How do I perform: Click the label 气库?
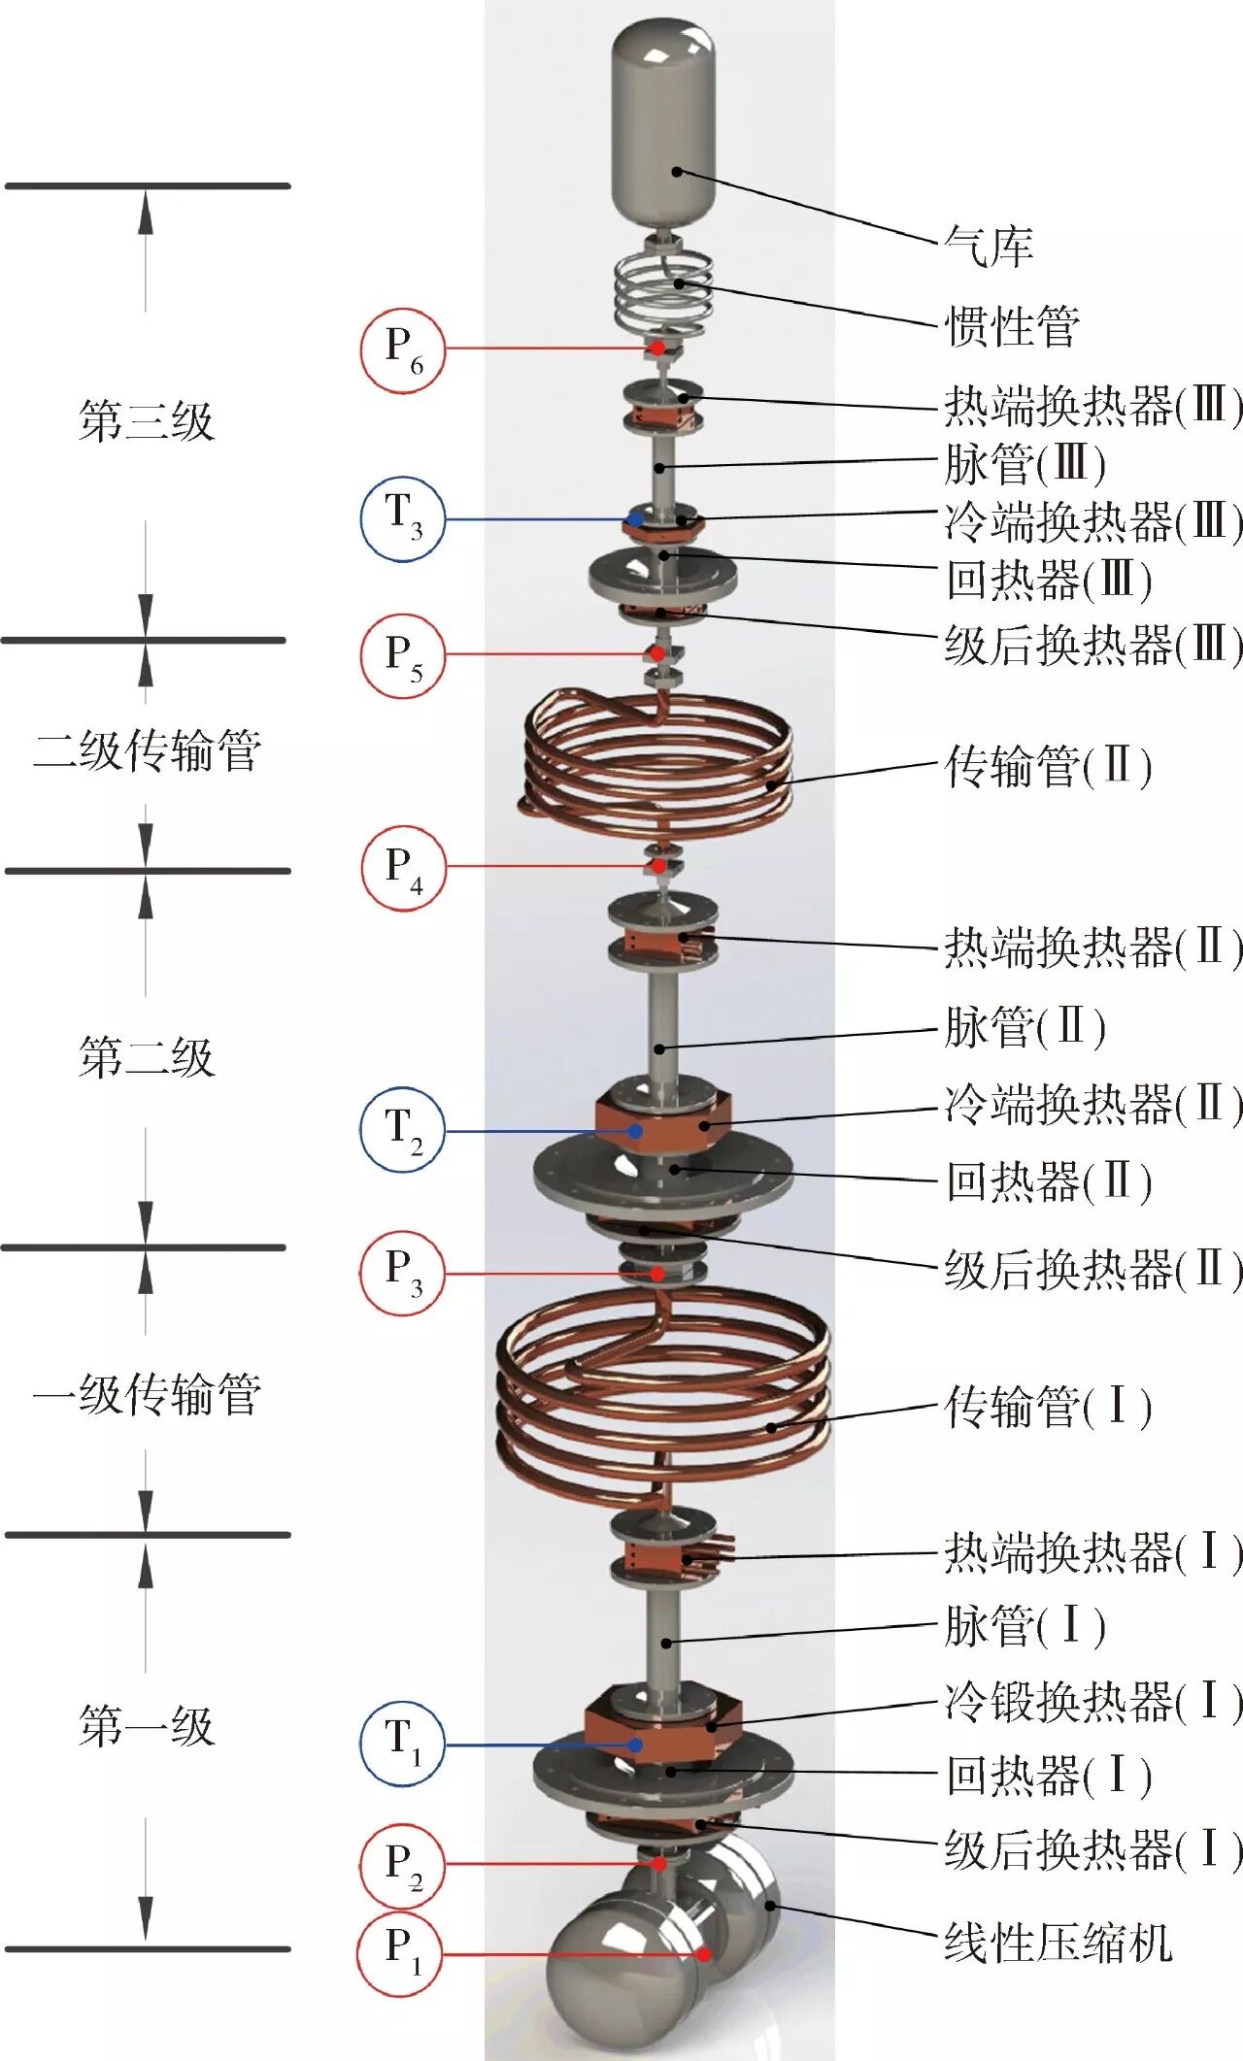pyautogui.click(x=989, y=247)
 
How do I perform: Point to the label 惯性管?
pyautogui.click(x=1012, y=325)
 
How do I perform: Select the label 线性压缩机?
pyautogui.click(x=1058, y=1943)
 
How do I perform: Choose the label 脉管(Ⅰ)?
pyautogui.click(x=1025, y=1625)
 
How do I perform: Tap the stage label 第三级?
pyautogui.click(x=146, y=421)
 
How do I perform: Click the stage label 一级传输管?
pyautogui.click(x=146, y=1394)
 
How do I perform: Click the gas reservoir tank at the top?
pyautogui.click(x=663, y=126)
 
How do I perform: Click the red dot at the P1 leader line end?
pyautogui.click(x=703, y=1954)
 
